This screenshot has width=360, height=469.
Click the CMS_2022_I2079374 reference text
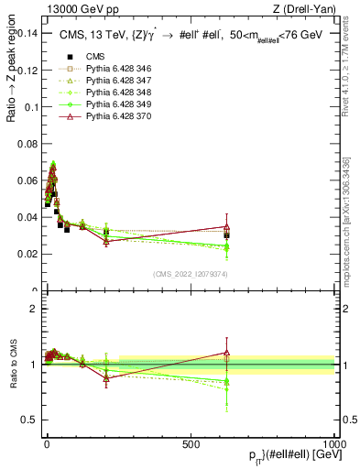pyautogui.click(x=190, y=274)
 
